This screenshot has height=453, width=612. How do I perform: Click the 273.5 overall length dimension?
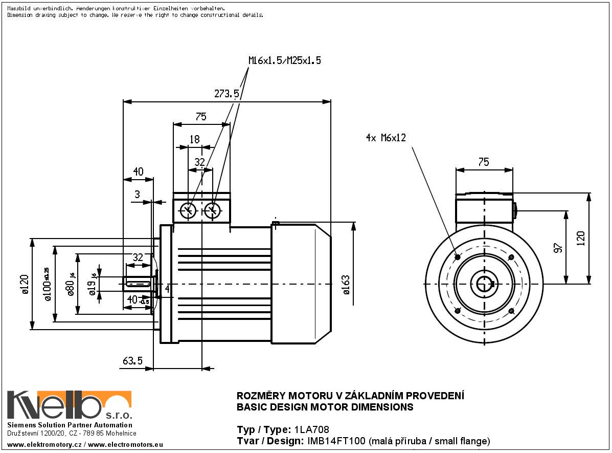click(x=227, y=94)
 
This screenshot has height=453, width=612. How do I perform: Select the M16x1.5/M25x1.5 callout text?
click(x=285, y=60)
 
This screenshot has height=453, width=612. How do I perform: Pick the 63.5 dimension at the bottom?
click(x=132, y=361)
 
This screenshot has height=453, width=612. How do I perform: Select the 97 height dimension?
click(x=558, y=247)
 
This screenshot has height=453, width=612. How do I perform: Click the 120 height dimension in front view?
click(x=580, y=239)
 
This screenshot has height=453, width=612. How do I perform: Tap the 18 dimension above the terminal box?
click(x=195, y=139)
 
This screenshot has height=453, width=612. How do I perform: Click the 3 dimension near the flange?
click(x=137, y=195)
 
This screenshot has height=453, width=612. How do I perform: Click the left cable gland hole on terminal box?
click(x=188, y=210)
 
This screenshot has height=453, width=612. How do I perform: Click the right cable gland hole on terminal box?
click(x=213, y=210)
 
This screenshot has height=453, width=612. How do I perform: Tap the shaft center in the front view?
click(x=484, y=284)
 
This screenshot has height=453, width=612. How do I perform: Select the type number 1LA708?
click(x=312, y=429)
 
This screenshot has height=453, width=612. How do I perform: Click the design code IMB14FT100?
click(x=336, y=441)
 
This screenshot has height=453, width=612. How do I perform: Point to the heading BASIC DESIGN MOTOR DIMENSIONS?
click(x=325, y=408)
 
